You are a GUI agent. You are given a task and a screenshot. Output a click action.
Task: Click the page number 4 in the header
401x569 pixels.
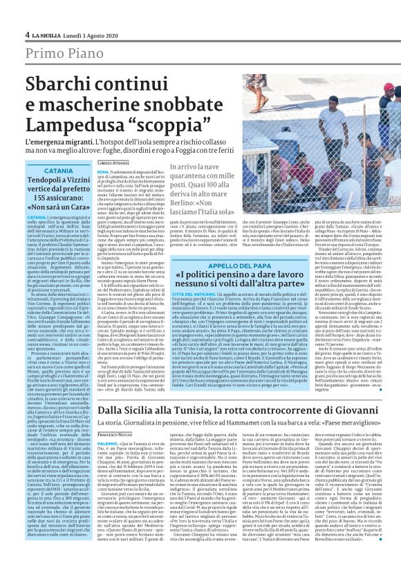27,35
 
